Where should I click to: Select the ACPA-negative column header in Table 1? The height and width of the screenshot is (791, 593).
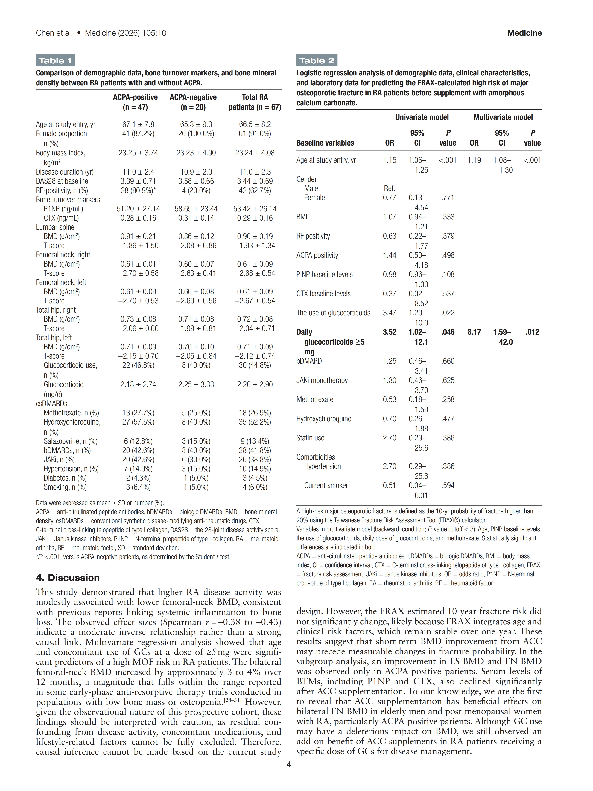pyautogui.click(x=193, y=102)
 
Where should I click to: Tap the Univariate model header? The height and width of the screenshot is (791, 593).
pyautogui.click(x=422, y=117)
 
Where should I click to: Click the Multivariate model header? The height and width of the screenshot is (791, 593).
pyautogui.click(x=503, y=117)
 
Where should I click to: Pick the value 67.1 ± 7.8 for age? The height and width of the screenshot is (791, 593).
pyautogui.click(x=138, y=125)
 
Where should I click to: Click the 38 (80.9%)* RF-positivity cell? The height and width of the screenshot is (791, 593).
pyautogui.click(x=138, y=191)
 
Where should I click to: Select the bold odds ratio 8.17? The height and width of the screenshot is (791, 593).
pyautogui.click(x=474, y=332)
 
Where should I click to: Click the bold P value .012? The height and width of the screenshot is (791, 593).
pyautogui.click(x=532, y=332)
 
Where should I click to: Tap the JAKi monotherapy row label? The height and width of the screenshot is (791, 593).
pyautogui.click(x=322, y=381)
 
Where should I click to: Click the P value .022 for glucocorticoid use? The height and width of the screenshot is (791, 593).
pyautogui.click(x=448, y=313)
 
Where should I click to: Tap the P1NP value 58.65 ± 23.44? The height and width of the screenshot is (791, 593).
pyautogui.click(x=196, y=209)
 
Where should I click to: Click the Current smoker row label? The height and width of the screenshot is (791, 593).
pyautogui.click(x=326, y=486)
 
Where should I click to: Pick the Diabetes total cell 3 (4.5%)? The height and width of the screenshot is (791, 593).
pyautogui.click(x=255, y=478)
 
